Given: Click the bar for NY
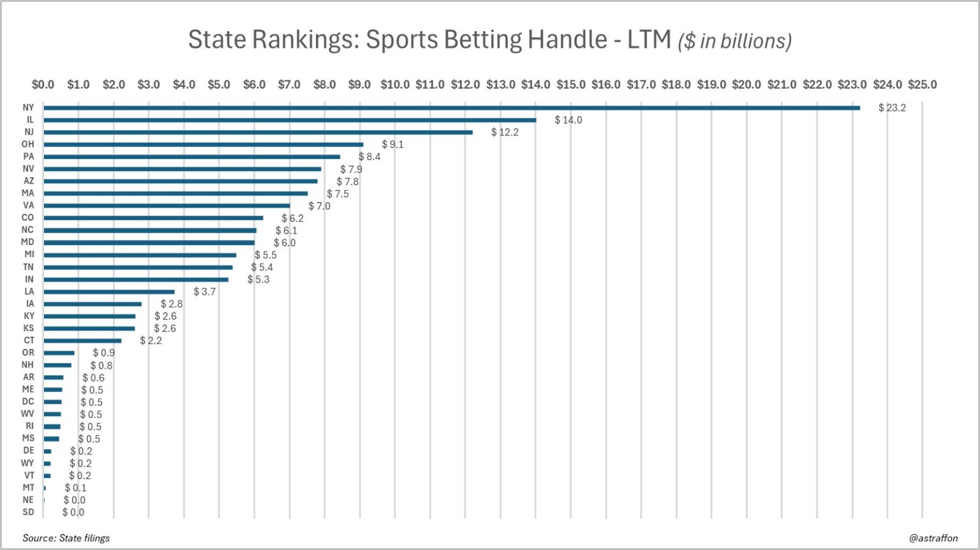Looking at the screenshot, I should coord(452,108).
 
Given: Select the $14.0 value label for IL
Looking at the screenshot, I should coord(568,120).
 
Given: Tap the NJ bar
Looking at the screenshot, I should coord(258,132).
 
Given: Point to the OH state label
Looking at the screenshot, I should coord(28,144).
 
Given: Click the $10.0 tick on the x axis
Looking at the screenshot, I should coord(395,84).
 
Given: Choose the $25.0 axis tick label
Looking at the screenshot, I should coord(922,84).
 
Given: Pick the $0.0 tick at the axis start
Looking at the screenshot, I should coord(43,84).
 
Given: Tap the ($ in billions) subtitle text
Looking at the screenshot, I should coord(734,41).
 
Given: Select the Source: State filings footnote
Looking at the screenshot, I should coord(66,538).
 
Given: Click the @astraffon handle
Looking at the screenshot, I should coord(933,538).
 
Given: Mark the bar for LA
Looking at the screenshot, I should coord(109,292).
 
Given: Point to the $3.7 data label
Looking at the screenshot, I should coord(205,292).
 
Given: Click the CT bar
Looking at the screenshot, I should coord(82,341).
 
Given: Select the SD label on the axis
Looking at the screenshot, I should coord(28,512).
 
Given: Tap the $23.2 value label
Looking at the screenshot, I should coord(892,108).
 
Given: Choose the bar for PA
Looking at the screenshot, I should coord(192,156).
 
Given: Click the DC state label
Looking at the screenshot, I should coord(28,401).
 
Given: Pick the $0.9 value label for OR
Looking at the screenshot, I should coord(103,353).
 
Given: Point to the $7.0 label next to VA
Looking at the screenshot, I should coord(319,206).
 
